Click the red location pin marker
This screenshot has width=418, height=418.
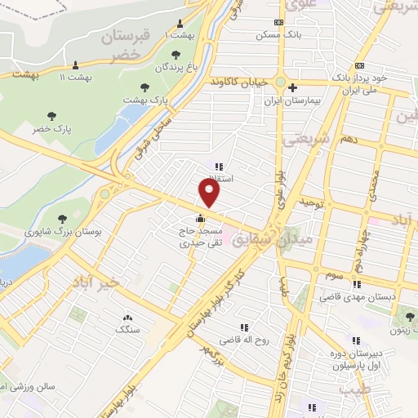click(x=211, y=192)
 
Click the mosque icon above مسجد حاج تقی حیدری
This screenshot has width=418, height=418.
click(x=201, y=218)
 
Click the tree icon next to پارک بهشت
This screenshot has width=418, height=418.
click(x=144, y=85)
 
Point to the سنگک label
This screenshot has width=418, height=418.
click(x=127, y=329)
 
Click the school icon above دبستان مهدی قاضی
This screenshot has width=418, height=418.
click(x=356, y=284)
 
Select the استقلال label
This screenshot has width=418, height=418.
click(x=219, y=178)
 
